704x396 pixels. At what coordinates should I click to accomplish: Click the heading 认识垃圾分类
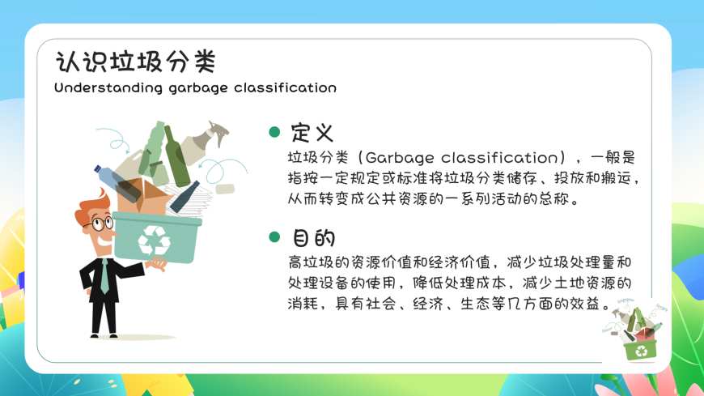pyautogui.click(x=136, y=62)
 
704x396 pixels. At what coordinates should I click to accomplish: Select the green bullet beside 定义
pyautogui.click(x=274, y=132)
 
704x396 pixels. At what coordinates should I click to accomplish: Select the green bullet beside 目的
pyautogui.click(x=274, y=237)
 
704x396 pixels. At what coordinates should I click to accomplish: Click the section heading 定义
pyautogui.click(x=312, y=132)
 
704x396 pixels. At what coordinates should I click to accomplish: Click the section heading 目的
pyautogui.click(x=313, y=238)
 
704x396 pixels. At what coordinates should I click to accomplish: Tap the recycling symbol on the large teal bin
pyautogui.click(x=154, y=241)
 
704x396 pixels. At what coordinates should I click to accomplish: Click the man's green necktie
pyautogui.click(x=104, y=276)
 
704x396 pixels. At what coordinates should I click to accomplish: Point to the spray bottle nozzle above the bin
pyautogui.click(x=218, y=132)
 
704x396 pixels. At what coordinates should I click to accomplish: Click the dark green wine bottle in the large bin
pyautogui.click(x=176, y=156)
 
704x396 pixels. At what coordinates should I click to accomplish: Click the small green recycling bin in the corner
pyautogui.click(x=641, y=350)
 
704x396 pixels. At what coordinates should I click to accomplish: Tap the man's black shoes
pyautogui.click(x=104, y=335)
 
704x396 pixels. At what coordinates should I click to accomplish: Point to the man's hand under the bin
pyautogui.click(x=158, y=263)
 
